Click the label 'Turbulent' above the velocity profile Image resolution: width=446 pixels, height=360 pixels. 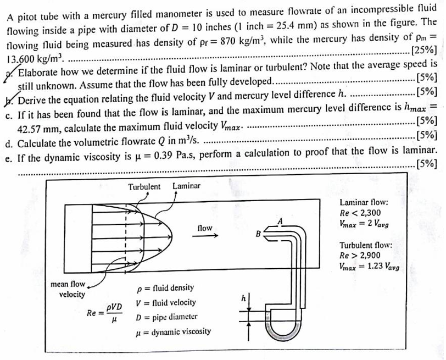pos(144,186)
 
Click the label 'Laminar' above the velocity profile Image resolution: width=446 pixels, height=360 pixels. pos(186,186)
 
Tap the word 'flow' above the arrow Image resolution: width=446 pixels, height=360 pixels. pos(204,228)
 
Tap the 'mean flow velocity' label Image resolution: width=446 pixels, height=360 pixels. pos(68,289)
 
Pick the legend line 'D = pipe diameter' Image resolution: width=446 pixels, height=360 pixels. pos(166,317)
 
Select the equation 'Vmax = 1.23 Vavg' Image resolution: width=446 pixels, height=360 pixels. pos(369,268)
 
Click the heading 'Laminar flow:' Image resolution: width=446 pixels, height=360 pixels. pos(364,202)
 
